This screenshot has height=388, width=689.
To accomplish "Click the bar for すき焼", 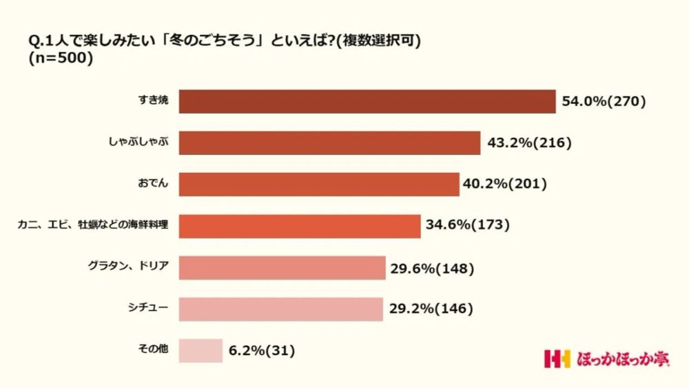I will click(367, 101).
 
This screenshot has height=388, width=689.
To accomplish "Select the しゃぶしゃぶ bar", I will click(329, 143).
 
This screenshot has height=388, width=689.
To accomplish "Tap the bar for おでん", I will click(319, 184).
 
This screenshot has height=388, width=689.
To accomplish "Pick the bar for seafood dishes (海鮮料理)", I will click(300, 226).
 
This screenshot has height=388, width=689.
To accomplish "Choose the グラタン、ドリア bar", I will click(282, 267).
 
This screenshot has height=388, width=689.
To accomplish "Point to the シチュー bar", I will click(280, 309).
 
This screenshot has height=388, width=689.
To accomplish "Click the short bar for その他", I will click(200, 351).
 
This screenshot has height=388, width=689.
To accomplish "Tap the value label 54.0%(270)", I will click(604, 101).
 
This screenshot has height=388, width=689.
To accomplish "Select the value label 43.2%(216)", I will click(528, 143).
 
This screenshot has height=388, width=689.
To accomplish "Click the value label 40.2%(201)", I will click(506, 184).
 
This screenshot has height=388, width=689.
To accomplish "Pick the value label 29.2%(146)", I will click(431, 309).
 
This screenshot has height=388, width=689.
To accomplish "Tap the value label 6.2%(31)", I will click(262, 351).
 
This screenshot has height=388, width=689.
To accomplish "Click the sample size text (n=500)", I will click(61, 59).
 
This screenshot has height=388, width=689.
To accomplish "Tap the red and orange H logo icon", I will click(557, 359).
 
